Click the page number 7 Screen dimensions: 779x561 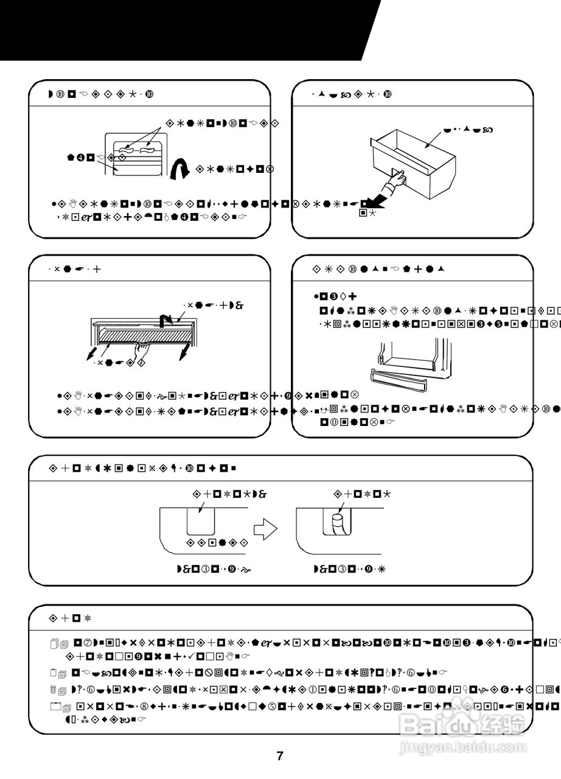280,756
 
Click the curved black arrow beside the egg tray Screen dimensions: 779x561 179,170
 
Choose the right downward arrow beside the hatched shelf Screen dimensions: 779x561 183,351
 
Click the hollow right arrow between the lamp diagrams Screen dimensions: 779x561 265,529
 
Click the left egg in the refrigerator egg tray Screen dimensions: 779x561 126,149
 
